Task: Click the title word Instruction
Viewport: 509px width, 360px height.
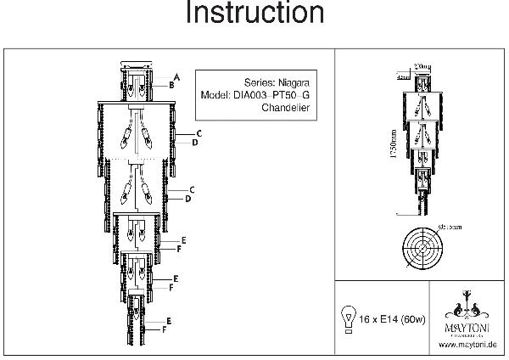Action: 254,14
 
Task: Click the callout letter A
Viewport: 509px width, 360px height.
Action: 176,76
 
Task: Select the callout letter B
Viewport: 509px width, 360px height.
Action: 171,85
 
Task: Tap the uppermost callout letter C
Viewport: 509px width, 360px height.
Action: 199,134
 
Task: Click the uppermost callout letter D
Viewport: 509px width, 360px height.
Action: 194,143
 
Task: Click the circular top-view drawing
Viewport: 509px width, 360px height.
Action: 422,247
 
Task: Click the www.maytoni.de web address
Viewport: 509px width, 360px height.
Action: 468,344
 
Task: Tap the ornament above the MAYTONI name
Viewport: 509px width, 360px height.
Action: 468,302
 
